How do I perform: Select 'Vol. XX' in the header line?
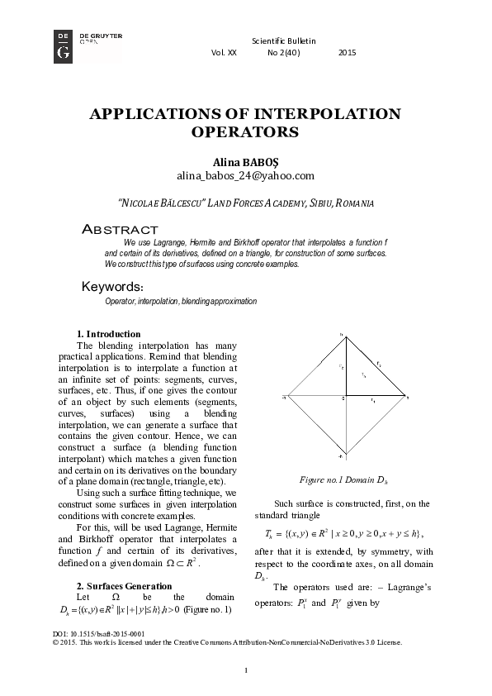224,53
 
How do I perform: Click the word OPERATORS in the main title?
244,131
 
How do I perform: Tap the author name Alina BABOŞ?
245,162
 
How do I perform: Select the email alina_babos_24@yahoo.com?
245,176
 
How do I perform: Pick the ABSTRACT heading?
120,228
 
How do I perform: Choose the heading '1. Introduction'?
108,334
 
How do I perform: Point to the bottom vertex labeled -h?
343,455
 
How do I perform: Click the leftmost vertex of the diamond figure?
285,397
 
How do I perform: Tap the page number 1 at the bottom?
246,670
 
